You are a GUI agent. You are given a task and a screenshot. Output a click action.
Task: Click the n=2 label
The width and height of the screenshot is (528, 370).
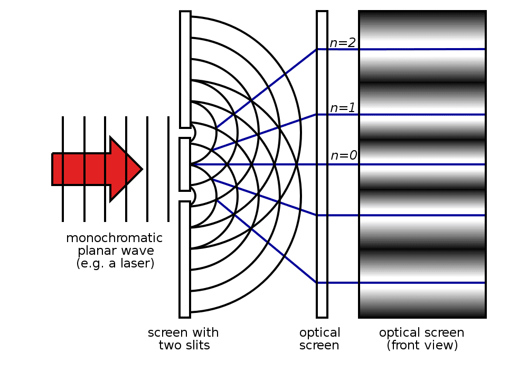[x=343, y=43]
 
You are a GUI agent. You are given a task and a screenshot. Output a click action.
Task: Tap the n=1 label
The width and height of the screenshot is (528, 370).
[x=343, y=108]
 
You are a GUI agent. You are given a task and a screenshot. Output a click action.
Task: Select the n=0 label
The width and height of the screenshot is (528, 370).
[x=344, y=155]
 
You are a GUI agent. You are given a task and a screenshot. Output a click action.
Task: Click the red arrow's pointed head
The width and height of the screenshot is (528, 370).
[x=142, y=169]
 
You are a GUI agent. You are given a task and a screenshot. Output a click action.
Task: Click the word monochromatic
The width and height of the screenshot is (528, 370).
[x=114, y=238]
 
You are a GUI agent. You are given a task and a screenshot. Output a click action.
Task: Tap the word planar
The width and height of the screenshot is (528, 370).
[x=95, y=251]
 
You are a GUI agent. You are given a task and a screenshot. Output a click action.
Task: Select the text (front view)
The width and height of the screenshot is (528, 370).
[x=422, y=345]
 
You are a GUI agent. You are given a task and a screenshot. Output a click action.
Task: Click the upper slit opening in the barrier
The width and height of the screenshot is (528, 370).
[x=185, y=133]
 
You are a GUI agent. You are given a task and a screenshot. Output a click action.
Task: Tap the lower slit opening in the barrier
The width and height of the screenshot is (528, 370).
[x=185, y=196]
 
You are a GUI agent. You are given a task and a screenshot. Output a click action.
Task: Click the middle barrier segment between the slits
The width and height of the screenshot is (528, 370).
[x=185, y=164]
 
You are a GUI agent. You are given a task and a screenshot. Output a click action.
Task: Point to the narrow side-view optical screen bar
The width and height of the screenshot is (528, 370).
[x=322, y=164]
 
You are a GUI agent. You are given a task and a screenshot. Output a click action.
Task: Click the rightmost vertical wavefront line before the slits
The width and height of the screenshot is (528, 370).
[x=168, y=169]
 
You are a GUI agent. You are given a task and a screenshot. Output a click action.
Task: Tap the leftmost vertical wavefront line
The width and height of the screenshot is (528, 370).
[x=63, y=169]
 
